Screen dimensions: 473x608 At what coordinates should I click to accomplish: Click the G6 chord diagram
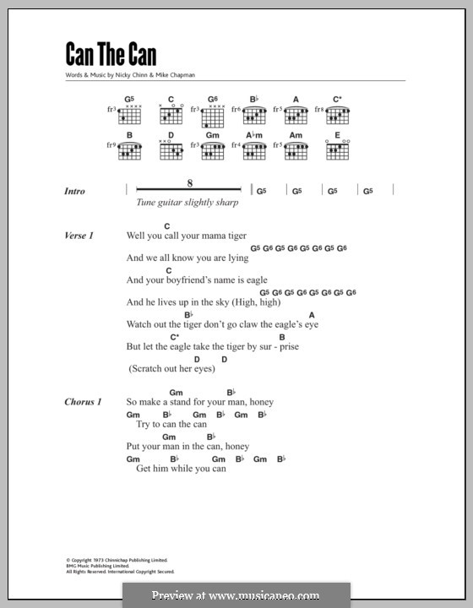(x=212, y=112)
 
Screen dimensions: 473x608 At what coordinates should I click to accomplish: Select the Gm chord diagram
(x=212, y=149)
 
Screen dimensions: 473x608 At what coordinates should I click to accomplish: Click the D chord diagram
(x=171, y=149)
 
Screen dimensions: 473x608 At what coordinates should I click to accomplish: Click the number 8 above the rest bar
(x=190, y=183)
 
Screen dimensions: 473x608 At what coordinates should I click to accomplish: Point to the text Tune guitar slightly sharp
(x=186, y=203)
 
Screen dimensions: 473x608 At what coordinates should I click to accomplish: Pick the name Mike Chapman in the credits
(x=174, y=75)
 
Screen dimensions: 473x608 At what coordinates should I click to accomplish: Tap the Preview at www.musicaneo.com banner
(x=236, y=595)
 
